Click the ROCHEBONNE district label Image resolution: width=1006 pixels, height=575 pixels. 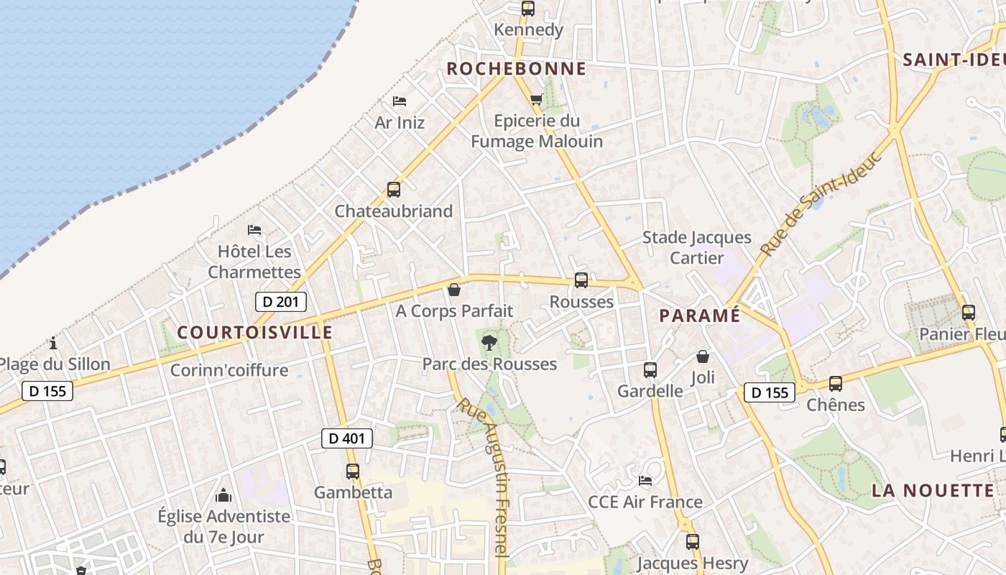[x=516, y=69]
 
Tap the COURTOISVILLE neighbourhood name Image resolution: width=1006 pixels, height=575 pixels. [x=254, y=332]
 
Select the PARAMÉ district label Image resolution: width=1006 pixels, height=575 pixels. [x=699, y=316]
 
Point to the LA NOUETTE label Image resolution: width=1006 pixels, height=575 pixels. [x=933, y=491]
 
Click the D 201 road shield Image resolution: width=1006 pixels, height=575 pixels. [x=280, y=302]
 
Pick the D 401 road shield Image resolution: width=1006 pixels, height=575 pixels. [x=346, y=438]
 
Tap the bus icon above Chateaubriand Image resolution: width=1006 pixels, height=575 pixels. [x=393, y=190]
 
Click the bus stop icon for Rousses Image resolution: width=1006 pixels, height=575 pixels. [x=581, y=280]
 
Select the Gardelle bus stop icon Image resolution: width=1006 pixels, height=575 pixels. [x=650, y=370]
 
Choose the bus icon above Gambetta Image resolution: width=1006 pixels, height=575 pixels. [x=352, y=471]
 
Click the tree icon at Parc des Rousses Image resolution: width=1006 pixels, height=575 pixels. [x=489, y=342]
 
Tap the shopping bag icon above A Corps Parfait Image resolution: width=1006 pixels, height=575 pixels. [x=453, y=290]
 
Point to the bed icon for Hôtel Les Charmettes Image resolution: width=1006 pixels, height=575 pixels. [x=254, y=230]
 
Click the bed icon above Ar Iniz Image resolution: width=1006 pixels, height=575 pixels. [x=400, y=101]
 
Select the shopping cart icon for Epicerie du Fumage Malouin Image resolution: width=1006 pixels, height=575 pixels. [x=536, y=99]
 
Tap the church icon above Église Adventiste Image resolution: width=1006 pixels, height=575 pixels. [x=223, y=495]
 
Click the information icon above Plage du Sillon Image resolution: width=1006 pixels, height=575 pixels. [x=52, y=343]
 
